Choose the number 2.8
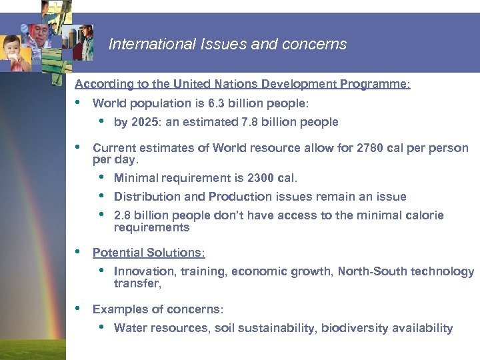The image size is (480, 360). [x=123, y=215]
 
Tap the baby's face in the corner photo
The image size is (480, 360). [x=14, y=51]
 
